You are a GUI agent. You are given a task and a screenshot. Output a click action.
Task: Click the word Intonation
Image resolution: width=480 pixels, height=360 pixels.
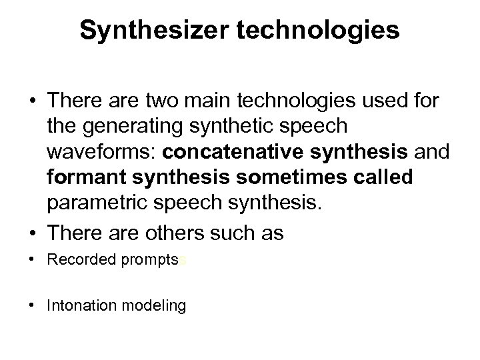pyautogui.click(x=81, y=306)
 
